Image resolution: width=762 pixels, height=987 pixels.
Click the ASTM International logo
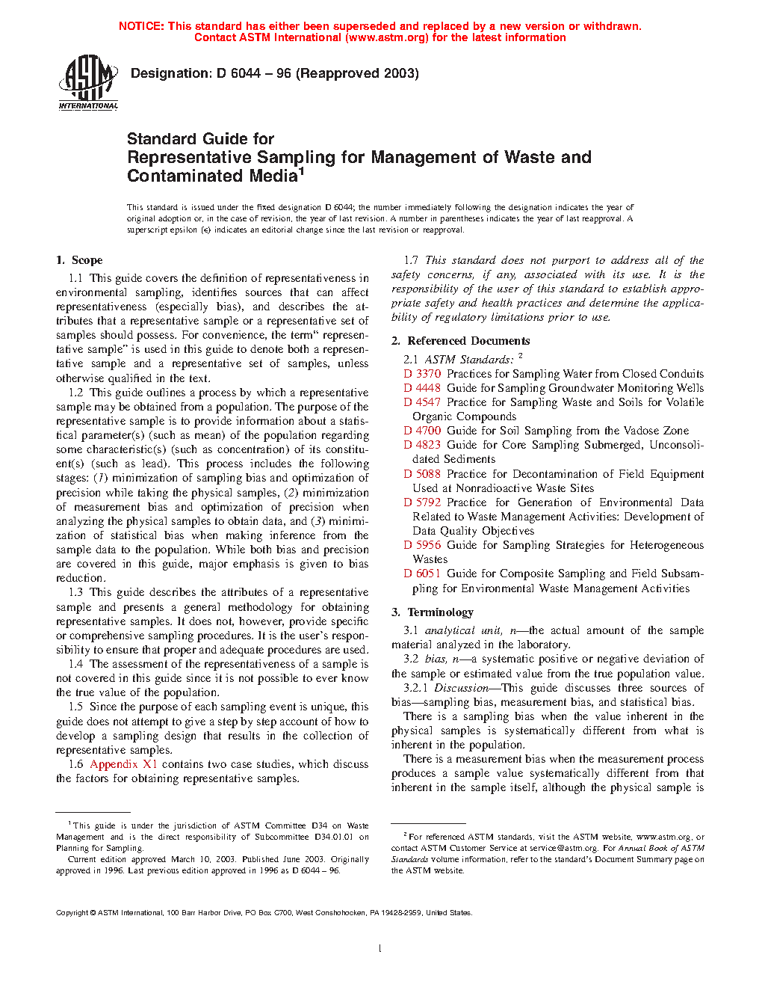coord(88,83)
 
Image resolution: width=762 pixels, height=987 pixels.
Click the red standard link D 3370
coord(422,374)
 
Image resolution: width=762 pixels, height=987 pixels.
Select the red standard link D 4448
coord(422,388)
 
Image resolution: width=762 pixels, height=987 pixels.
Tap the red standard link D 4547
coord(422,402)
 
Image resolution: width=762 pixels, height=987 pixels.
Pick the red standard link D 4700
coord(422,431)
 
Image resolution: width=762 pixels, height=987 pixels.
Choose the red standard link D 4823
coord(422,445)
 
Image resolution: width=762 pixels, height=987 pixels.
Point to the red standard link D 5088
coord(422,474)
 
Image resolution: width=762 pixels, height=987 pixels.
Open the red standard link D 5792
coord(422,502)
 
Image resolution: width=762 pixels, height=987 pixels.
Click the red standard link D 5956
coord(422,545)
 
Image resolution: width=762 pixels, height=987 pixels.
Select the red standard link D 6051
coord(422,574)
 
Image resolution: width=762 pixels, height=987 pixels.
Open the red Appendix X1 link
coord(123,764)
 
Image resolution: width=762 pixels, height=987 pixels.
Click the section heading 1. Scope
coord(79,260)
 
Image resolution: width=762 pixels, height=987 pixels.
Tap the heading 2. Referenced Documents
coord(460,341)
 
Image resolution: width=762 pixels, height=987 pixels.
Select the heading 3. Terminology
coord(433,612)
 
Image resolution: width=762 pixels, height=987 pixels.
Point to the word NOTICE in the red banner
coord(141,26)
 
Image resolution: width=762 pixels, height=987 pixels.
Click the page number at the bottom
coord(380,949)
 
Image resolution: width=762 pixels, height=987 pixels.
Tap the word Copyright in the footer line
coord(72,913)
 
